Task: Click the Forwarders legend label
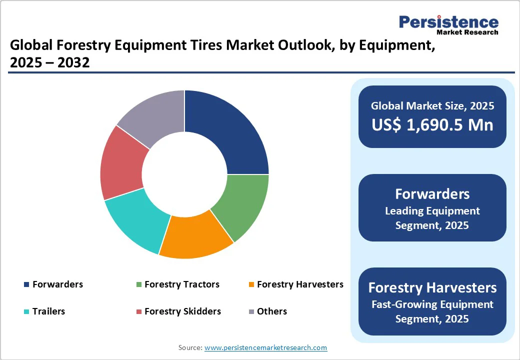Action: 57,284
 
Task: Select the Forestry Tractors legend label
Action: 182,284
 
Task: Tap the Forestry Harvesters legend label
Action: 300,284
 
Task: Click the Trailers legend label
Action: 48,311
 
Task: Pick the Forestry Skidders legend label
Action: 182,311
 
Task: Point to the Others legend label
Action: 271,311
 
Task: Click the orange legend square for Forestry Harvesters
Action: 251,285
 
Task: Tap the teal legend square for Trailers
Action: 26,312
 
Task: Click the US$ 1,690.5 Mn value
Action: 432,124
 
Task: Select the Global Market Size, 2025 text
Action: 432,106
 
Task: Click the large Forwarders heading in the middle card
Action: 432,194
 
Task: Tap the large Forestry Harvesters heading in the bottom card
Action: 432,287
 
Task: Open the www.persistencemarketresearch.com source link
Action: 265,347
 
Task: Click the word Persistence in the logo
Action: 448,22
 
